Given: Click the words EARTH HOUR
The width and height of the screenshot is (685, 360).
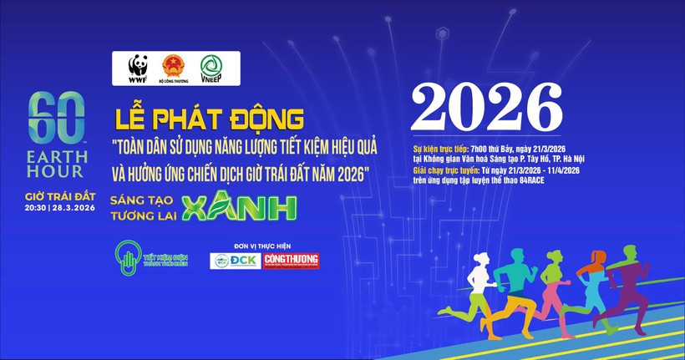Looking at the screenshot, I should [x=56, y=164].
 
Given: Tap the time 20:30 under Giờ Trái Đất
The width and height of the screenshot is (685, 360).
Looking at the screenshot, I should [x=38, y=209].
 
